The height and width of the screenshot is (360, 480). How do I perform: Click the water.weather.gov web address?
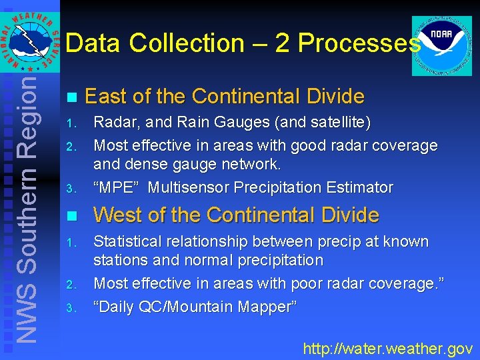click(x=388, y=348)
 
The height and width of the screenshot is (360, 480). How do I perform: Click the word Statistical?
click(x=130, y=241)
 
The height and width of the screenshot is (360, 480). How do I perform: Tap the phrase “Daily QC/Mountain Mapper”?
click(x=195, y=307)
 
